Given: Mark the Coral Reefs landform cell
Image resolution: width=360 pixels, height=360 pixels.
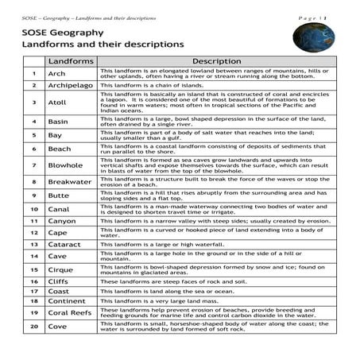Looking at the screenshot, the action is (x=71, y=313).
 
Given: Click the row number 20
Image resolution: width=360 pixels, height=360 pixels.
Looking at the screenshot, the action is (x=34, y=327).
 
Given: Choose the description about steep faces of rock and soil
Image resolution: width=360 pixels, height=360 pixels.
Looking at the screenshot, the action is (x=164, y=281).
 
